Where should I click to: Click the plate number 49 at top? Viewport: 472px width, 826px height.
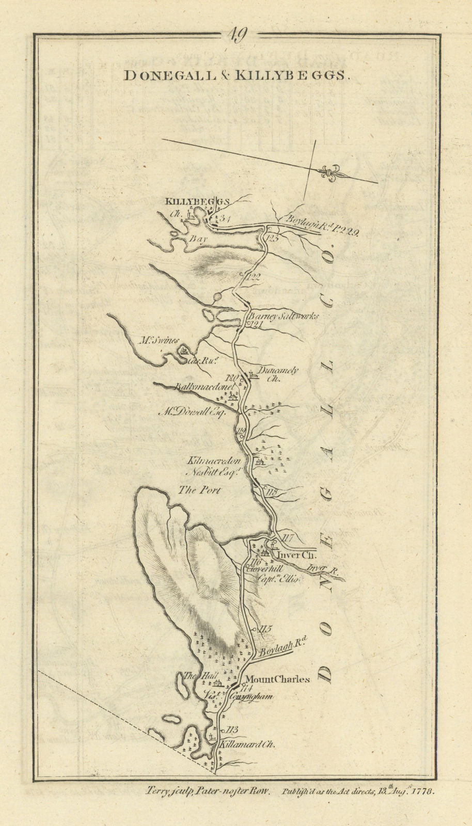pyautogui.click(x=238, y=35)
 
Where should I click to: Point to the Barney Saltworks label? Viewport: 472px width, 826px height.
pyautogui.click(x=284, y=316)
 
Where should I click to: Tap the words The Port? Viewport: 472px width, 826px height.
pyautogui.click(x=199, y=490)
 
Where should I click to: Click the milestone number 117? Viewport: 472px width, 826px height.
pyautogui.click(x=288, y=538)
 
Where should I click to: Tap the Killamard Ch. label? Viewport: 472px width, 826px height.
pyautogui.click(x=245, y=744)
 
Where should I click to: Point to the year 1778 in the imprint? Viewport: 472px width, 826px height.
pyautogui.click(x=423, y=790)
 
